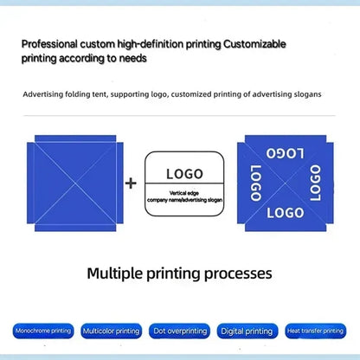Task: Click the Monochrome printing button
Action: (x=43, y=331)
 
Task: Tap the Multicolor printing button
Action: (x=112, y=331)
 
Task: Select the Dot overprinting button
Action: (x=179, y=331)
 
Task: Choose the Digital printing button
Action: (x=247, y=331)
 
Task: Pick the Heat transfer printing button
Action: (x=316, y=331)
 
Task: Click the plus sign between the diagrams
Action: (x=131, y=183)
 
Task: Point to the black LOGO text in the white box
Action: (x=184, y=174)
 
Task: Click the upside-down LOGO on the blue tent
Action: (x=286, y=153)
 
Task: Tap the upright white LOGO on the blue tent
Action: (x=286, y=213)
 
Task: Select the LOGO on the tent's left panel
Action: (x=255, y=183)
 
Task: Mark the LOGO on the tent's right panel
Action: (x=315, y=183)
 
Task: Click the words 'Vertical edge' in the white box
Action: (x=184, y=193)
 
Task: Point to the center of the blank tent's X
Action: (x=75, y=183)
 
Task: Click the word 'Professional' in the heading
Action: (x=49, y=44)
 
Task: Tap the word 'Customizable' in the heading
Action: (x=254, y=44)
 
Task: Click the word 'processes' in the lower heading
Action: (x=238, y=274)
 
